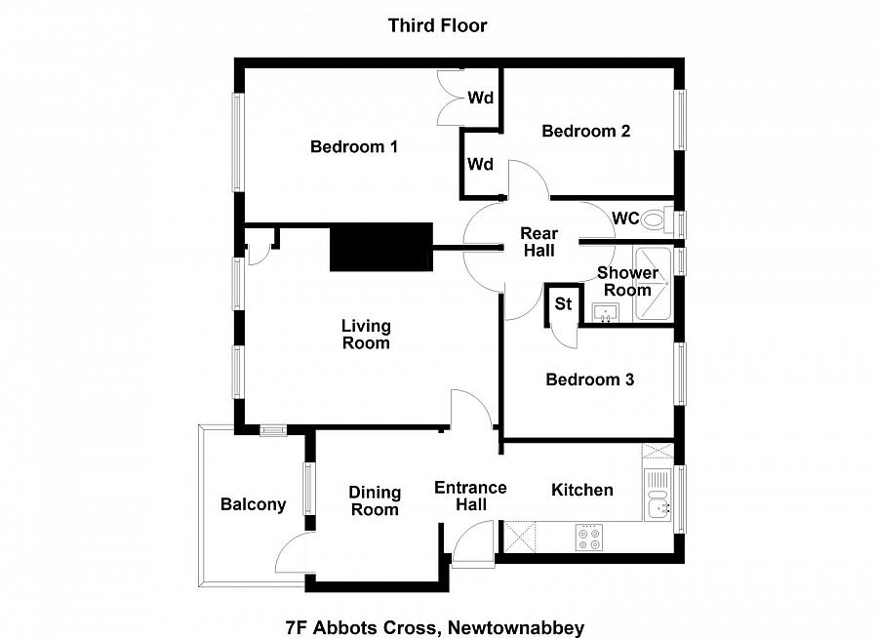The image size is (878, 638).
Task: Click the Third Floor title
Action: (x=437, y=25)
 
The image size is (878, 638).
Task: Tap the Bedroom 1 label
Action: (x=353, y=147)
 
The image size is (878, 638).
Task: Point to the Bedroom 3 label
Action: (x=589, y=379)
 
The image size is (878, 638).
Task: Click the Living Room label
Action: (x=366, y=334)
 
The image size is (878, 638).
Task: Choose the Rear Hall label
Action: (x=538, y=242)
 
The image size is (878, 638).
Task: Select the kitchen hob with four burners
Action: (x=589, y=538)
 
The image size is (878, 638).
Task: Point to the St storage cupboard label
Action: (x=563, y=303)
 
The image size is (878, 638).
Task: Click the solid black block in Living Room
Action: (x=381, y=247)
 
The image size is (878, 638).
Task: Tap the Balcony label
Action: (x=253, y=504)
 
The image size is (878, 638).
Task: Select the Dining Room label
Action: (x=375, y=500)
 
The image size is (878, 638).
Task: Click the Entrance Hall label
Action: (x=470, y=496)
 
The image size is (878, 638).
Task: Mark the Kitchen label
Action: (x=582, y=490)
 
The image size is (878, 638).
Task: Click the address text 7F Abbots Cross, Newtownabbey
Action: (x=435, y=626)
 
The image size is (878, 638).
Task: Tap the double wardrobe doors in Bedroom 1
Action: (x=452, y=99)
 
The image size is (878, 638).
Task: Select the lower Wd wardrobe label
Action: (x=480, y=164)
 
